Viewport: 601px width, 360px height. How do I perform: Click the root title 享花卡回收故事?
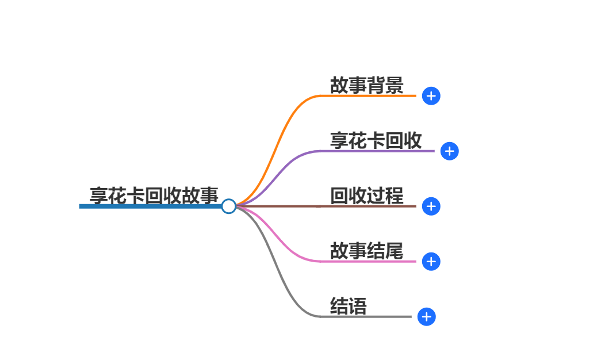154,196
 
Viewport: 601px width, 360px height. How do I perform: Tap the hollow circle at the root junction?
228,206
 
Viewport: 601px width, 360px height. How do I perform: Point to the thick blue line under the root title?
150,206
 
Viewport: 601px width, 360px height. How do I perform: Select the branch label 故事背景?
366,85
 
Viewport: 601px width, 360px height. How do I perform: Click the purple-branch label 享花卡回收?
376,140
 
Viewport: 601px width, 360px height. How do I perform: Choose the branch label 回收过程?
366,196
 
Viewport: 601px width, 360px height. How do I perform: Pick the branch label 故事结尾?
366,251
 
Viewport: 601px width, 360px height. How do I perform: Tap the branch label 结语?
348,306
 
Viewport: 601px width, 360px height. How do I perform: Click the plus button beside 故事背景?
431,96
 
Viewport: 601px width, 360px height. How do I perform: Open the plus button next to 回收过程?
431,206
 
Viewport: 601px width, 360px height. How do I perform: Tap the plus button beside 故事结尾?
431,262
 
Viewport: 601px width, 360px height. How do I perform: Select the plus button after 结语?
426,317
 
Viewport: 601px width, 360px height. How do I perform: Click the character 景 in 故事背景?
394,85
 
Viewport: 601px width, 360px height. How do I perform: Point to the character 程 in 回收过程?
394,196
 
